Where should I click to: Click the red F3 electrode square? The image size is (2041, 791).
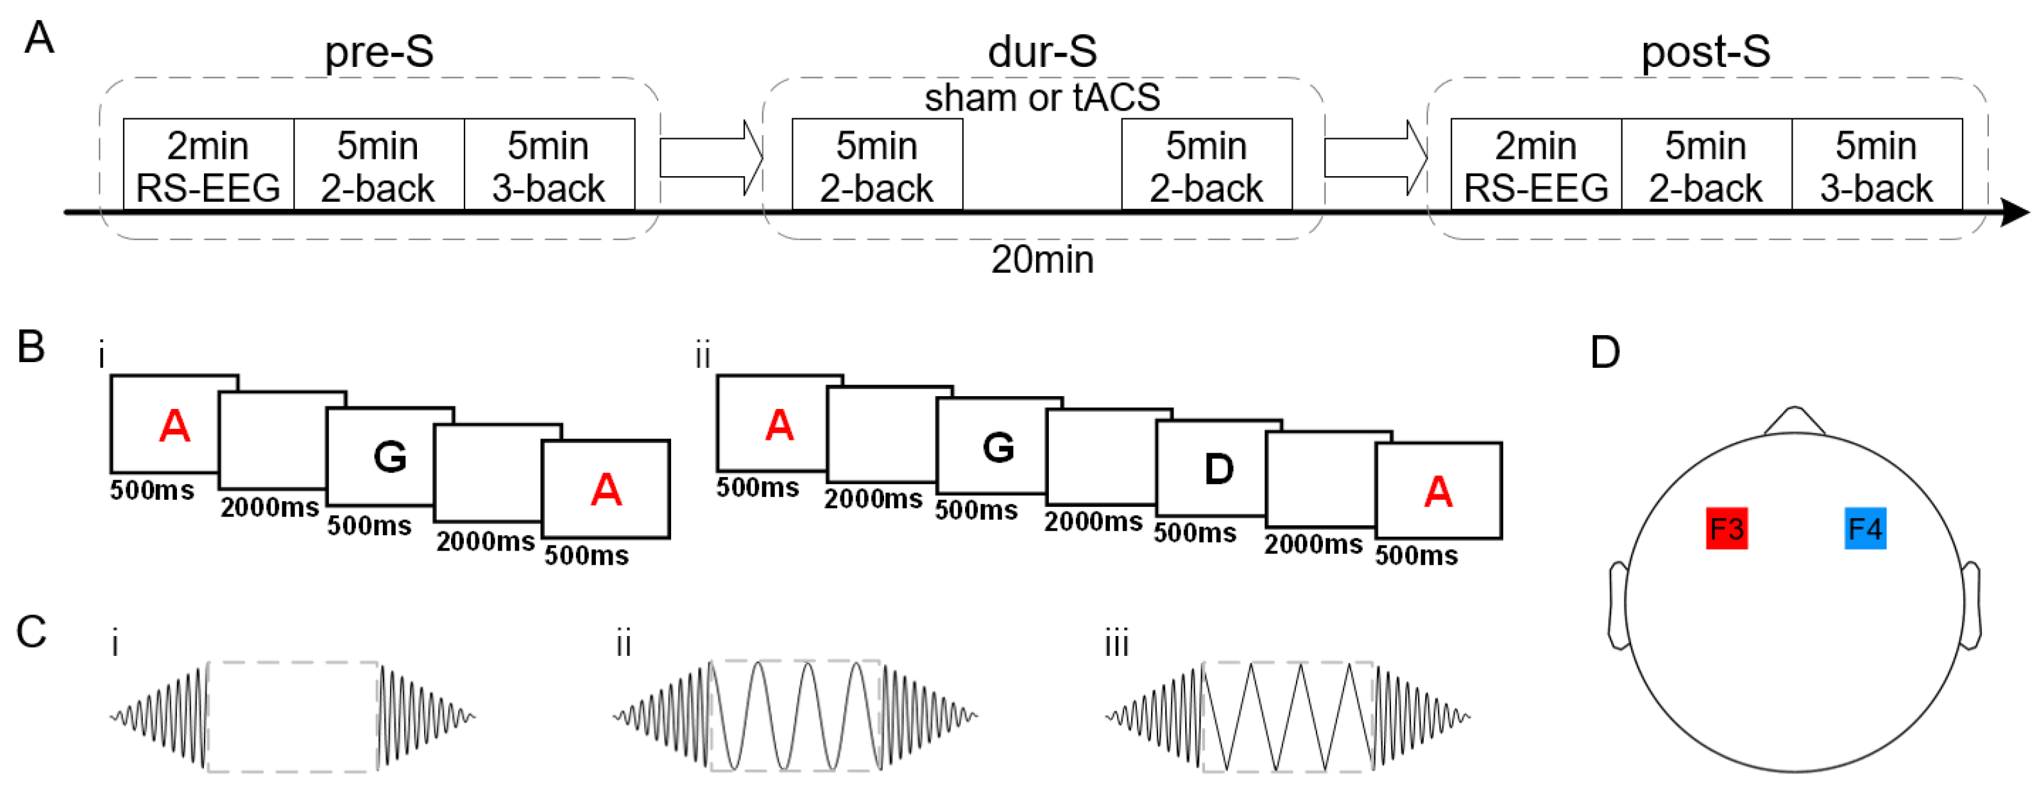1726,528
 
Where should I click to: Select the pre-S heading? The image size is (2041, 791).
379,52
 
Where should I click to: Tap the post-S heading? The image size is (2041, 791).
1705,52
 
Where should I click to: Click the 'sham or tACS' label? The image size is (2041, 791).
1042,97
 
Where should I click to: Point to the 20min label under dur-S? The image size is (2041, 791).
1042,260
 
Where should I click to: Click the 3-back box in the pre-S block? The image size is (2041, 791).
549,165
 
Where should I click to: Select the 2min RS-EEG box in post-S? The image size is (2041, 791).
1535,165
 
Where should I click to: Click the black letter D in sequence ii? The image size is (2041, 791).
1219,469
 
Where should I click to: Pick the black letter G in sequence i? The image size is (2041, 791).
390,457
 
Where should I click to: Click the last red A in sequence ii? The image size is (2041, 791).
1437,492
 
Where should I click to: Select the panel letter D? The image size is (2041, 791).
1605,352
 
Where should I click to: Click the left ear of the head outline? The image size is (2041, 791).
1616,606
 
